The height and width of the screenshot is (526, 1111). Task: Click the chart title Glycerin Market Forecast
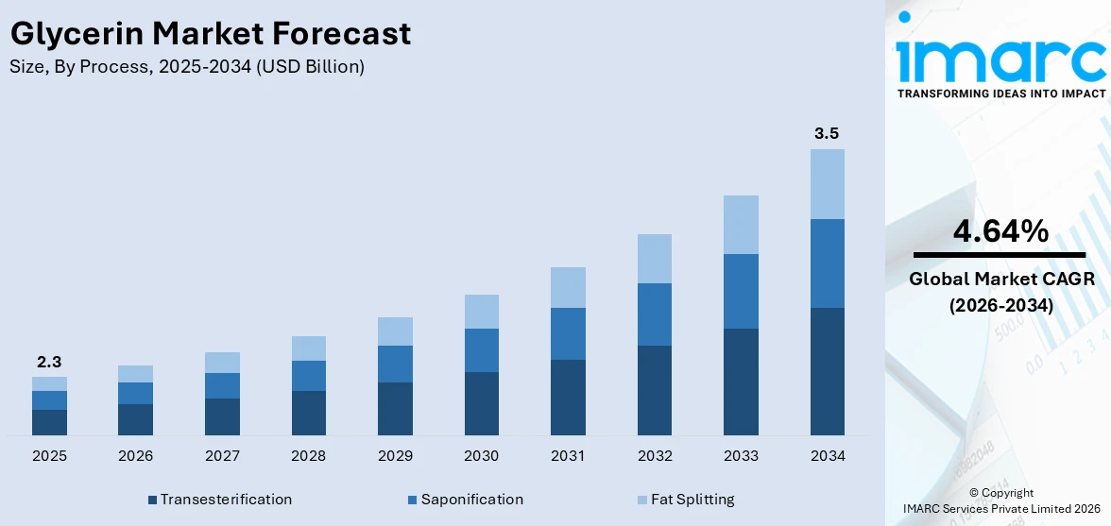tap(210, 34)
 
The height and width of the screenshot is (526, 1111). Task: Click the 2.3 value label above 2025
tap(49, 362)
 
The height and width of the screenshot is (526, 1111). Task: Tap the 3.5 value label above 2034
tap(827, 134)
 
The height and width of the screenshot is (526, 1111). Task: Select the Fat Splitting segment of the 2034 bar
tap(827, 184)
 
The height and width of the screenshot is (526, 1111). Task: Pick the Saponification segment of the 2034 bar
tap(827, 263)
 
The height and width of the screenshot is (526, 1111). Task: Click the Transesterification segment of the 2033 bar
tap(741, 382)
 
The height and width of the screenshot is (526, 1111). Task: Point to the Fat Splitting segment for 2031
tap(568, 287)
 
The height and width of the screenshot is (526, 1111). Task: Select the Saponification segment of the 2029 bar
tap(395, 364)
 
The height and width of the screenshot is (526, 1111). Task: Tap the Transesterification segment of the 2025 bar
tap(49, 422)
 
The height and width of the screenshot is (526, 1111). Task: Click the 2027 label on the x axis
tap(222, 456)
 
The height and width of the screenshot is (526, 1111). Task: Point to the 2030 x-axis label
tap(481, 456)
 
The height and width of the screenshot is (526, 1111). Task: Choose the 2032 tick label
tap(655, 456)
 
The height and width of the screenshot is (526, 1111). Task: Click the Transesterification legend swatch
tap(152, 500)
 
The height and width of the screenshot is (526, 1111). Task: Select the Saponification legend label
tap(471, 500)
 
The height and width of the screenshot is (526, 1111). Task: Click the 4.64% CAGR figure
tap(1000, 231)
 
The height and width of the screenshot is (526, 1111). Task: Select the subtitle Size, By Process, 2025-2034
tap(186, 67)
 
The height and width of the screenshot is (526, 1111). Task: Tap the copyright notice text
tap(1001, 501)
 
